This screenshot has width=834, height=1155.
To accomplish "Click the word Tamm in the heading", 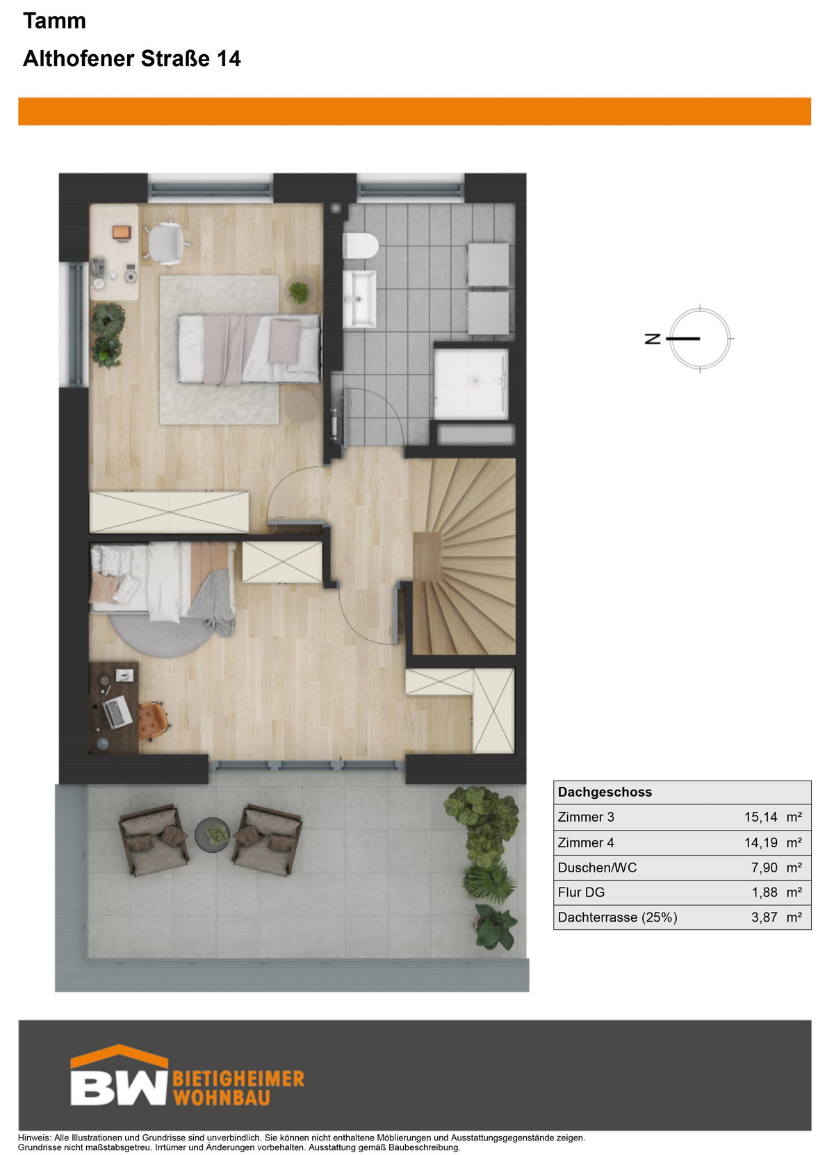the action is click(x=54, y=21).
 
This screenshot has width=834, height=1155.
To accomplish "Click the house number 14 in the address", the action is click(x=229, y=59).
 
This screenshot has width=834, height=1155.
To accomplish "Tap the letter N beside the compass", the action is click(x=653, y=339).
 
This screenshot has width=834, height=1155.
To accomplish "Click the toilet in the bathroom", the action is click(x=361, y=245).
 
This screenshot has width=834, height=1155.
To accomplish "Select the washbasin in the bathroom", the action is click(x=360, y=299).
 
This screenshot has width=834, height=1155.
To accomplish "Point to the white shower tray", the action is click(x=471, y=384).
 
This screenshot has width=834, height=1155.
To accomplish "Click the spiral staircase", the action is click(x=464, y=557).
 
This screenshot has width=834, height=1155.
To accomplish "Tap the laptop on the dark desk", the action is click(x=117, y=712).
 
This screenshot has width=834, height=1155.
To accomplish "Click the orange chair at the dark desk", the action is click(x=153, y=720).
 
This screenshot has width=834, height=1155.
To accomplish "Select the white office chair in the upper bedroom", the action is click(x=165, y=242).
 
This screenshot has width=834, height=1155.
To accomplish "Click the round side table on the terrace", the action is click(x=212, y=835).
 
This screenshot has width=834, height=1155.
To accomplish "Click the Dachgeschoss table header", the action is click(x=605, y=792).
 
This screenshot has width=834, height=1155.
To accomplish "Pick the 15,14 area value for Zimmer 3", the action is click(x=760, y=817).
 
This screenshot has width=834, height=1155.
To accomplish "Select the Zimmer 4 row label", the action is click(x=586, y=842).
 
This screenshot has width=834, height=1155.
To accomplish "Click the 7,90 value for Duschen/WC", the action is click(x=764, y=867).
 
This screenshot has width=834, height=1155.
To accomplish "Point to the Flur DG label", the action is click(x=581, y=892).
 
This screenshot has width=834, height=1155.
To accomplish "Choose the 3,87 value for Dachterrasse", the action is click(x=764, y=917).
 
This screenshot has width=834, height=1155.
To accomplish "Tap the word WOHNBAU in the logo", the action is click(x=222, y=1098).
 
